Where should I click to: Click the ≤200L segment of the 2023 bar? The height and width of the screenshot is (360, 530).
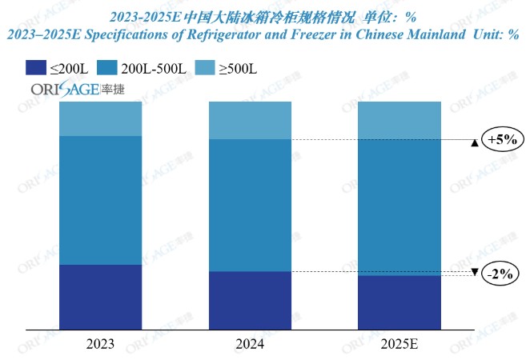[100, 296]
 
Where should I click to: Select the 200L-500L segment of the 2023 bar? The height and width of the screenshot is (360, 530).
[100, 200]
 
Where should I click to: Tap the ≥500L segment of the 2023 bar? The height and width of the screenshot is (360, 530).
[100, 118]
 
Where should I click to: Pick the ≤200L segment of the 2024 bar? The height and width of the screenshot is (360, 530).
[250, 300]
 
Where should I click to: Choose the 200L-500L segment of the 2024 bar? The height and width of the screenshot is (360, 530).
[250, 206]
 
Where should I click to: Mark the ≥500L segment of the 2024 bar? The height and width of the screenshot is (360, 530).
[250, 120]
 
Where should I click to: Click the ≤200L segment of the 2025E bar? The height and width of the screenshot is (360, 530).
[400, 302]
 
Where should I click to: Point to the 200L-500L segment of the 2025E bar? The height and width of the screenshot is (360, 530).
[400, 207]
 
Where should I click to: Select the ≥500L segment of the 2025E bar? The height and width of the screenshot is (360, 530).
[400, 120]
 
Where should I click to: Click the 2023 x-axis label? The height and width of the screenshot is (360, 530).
[100, 343]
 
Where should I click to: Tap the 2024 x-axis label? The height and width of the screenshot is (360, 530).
[250, 343]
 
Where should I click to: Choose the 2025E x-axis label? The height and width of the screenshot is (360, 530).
[400, 343]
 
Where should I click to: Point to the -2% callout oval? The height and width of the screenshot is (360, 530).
[500, 274]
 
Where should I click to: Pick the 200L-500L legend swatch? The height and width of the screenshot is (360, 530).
[111, 68]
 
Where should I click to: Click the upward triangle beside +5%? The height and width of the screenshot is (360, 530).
[475, 143]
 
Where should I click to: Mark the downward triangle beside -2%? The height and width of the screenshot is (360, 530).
[475, 273]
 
